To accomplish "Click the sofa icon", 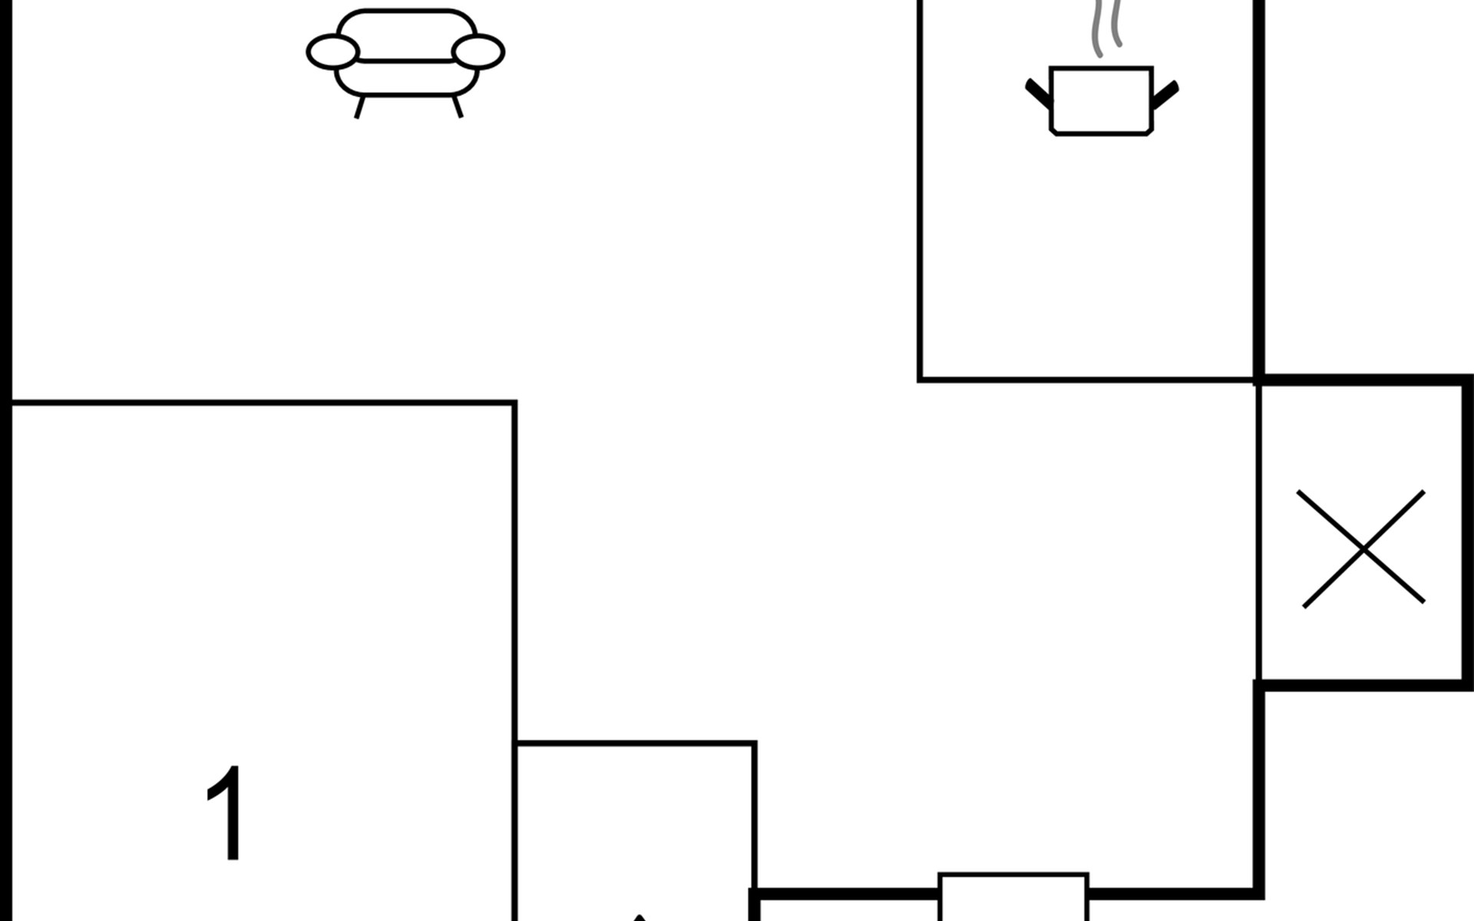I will click(405, 61).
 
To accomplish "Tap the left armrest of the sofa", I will click(332, 52).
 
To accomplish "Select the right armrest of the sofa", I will click(478, 52).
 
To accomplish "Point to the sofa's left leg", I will click(359, 107).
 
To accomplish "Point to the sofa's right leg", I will click(458, 107).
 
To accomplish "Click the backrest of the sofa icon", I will click(406, 35).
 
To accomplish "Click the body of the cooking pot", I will click(1101, 101).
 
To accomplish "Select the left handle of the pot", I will click(1039, 93).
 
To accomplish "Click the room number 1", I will click(225, 814).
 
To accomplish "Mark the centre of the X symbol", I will click(1363, 548).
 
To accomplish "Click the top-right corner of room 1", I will click(514, 402).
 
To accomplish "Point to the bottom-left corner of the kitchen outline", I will click(920, 379).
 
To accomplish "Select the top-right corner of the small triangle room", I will click(755, 743).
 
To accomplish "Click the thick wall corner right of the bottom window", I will click(1258, 893).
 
